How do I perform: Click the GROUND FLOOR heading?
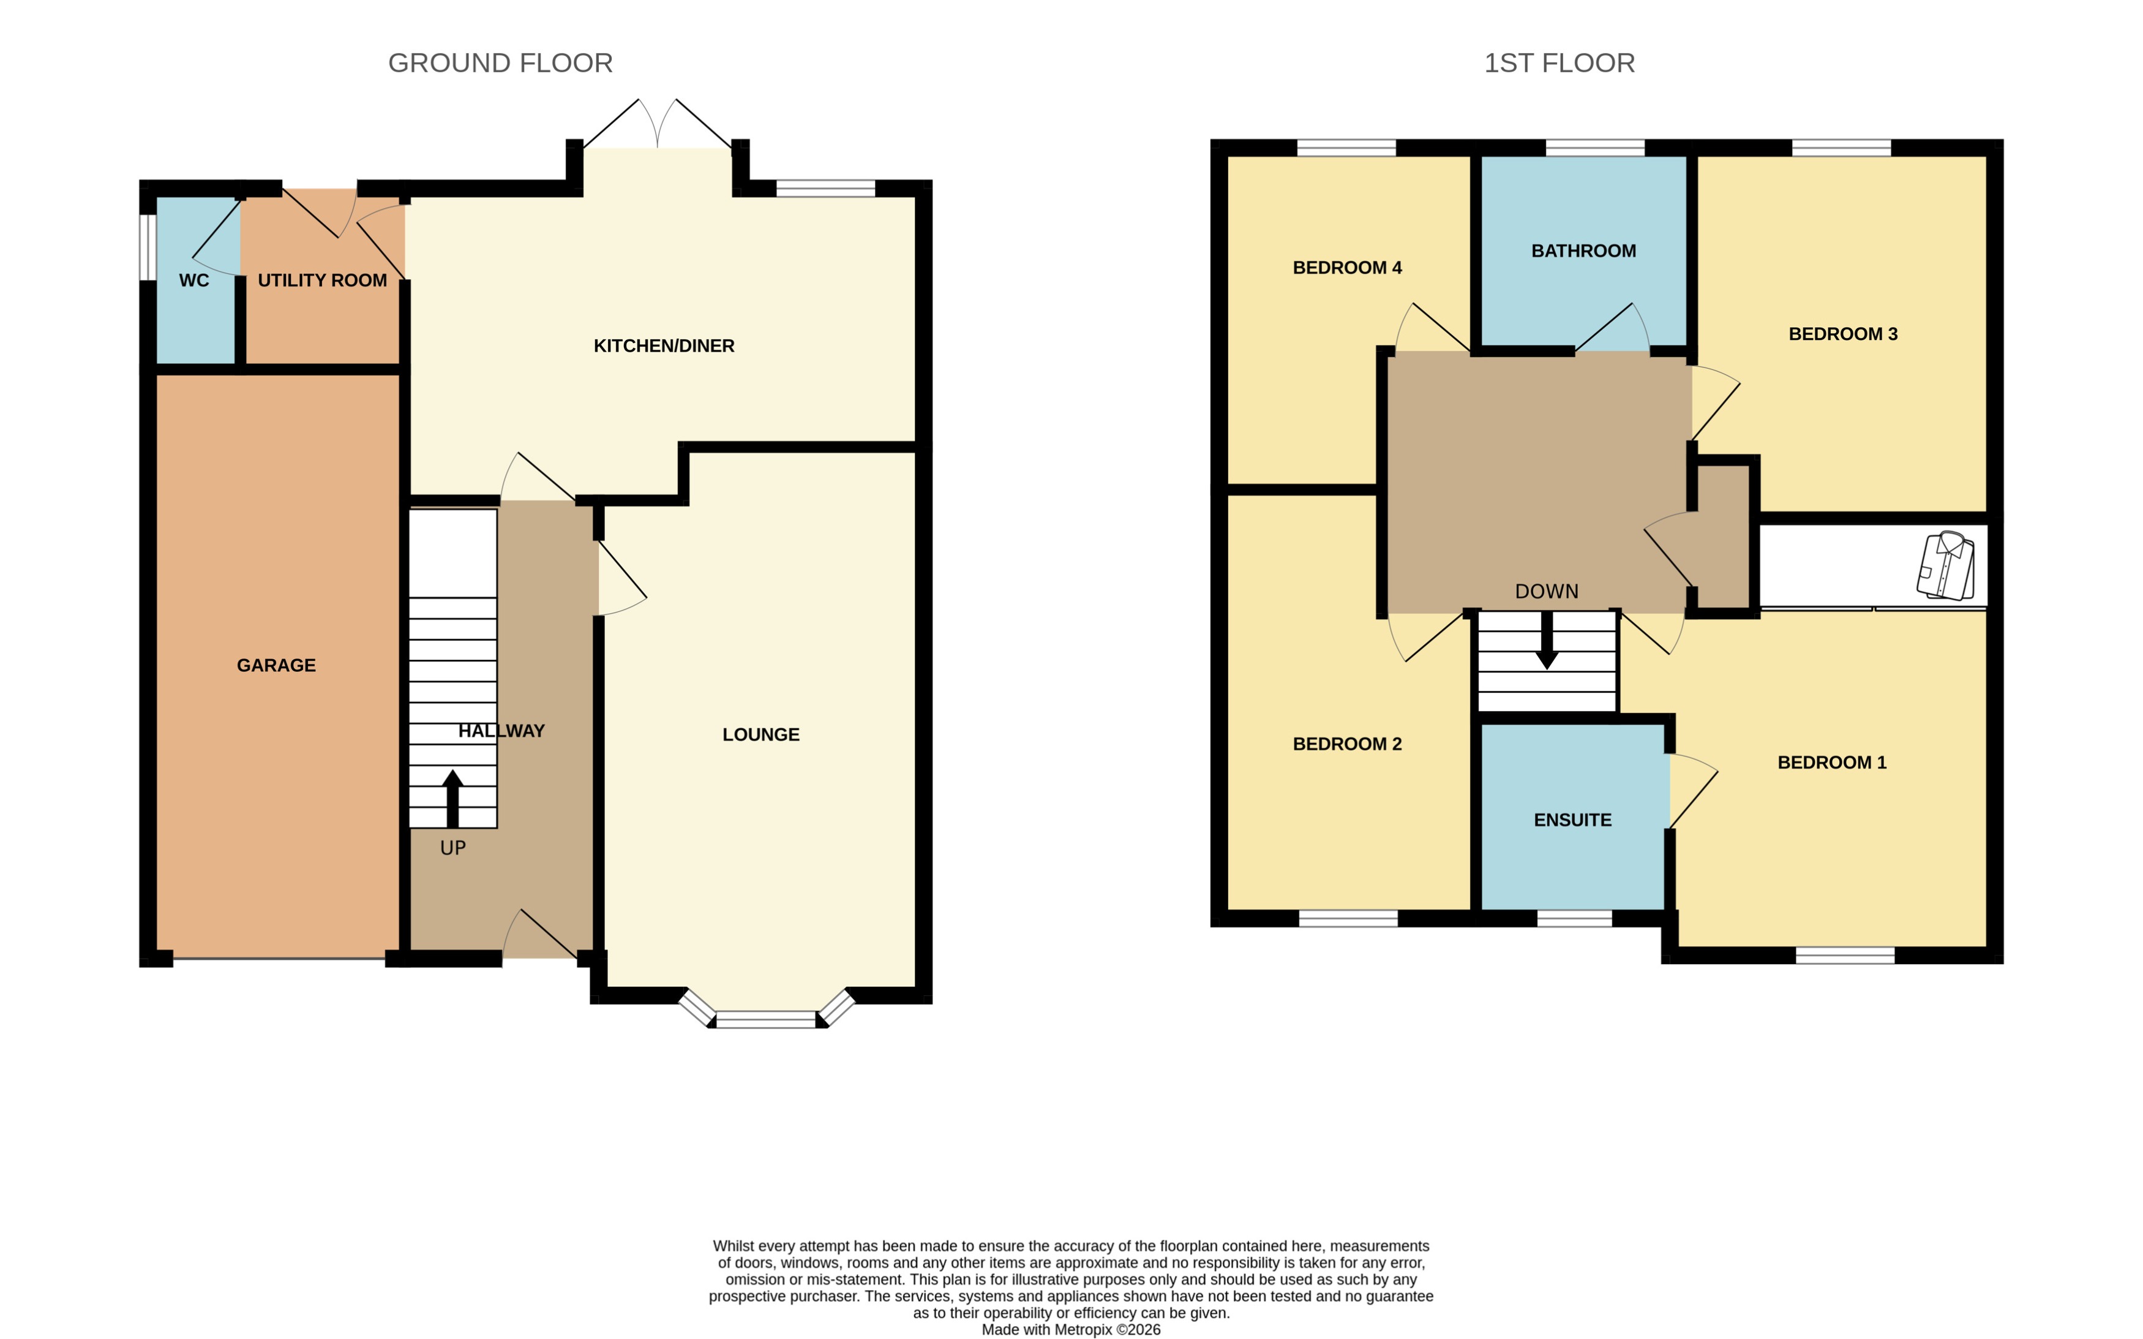click(500, 63)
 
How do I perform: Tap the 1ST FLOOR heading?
click(1559, 63)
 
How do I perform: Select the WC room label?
click(194, 281)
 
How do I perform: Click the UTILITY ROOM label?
click(322, 281)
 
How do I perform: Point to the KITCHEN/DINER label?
click(664, 346)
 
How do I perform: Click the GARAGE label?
click(276, 665)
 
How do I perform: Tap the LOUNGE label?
click(760, 734)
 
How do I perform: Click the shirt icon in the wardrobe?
click(1946, 565)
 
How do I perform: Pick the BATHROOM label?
click(1583, 251)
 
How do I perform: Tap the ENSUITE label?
click(1572, 820)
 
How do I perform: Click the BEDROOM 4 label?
click(1346, 268)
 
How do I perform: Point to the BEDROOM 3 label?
click(1843, 334)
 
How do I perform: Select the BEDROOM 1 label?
click(1831, 763)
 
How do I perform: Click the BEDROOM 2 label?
click(1346, 744)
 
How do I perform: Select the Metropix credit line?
click(1070, 1329)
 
